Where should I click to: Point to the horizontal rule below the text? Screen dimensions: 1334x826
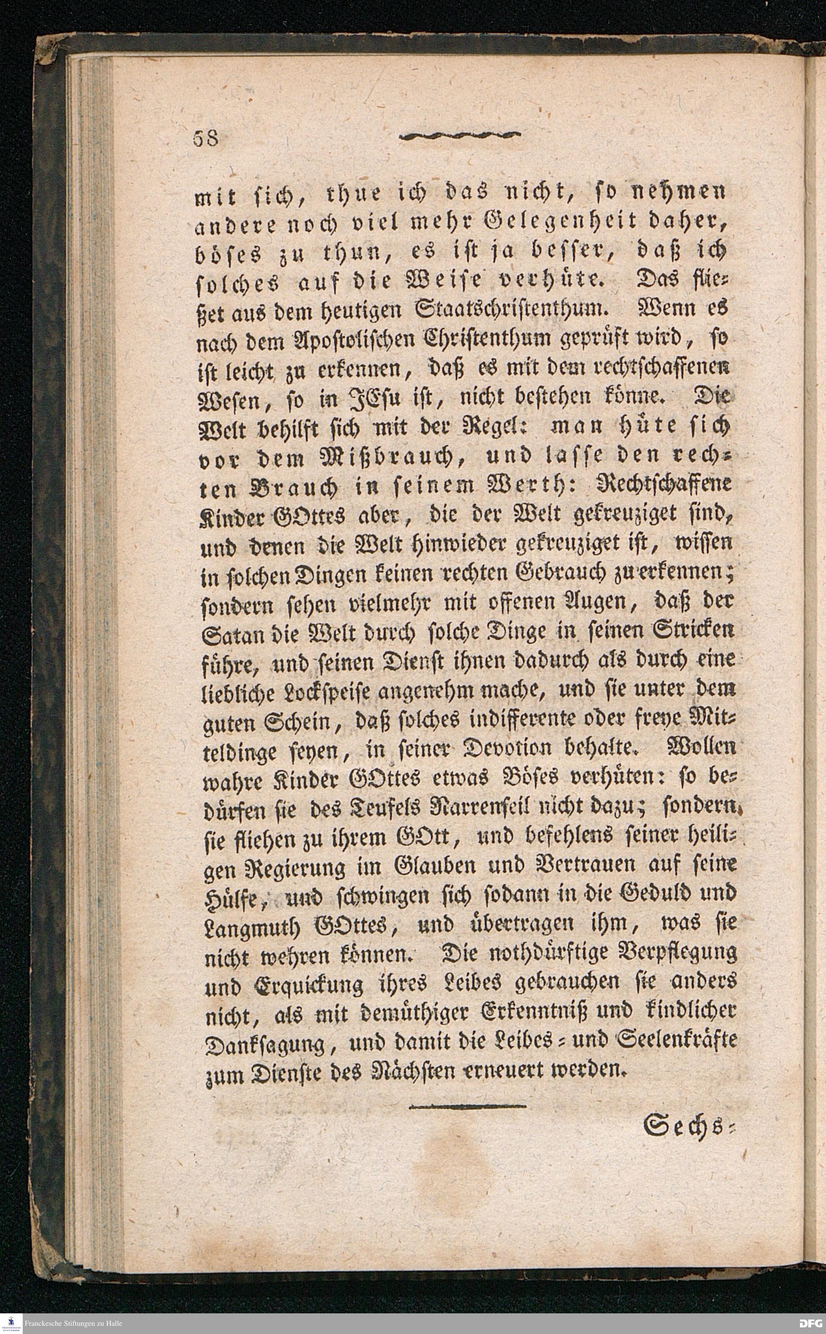(x=467, y=1092)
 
